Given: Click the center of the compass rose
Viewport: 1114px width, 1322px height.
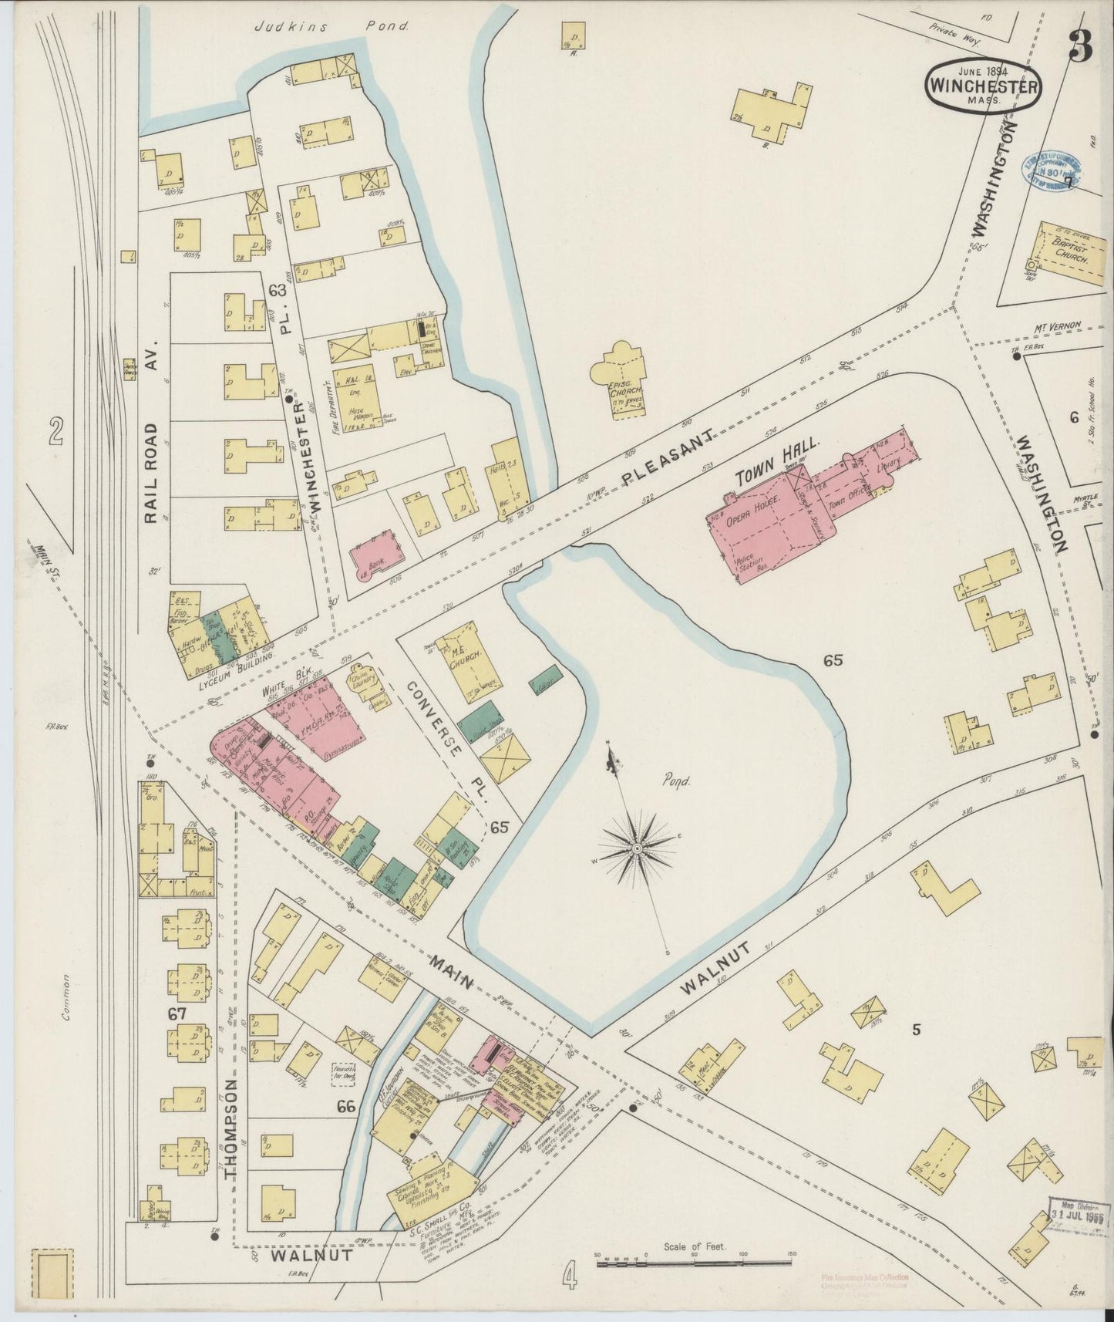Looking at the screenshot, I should coord(638,848).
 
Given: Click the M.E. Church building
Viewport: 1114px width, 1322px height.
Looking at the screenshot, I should coord(468,660).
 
